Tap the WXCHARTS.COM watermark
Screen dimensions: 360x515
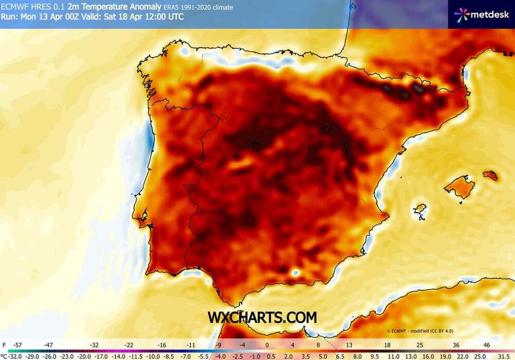pos(262,317)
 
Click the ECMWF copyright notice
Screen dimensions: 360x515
pos(420,331)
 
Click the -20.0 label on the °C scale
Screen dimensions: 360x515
pos(83,355)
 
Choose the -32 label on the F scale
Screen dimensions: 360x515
pos(95,345)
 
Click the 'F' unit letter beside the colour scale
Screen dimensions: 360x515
pos(4,345)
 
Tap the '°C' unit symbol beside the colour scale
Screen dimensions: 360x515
pos(5,355)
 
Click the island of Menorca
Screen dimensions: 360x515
pos(491,176)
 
